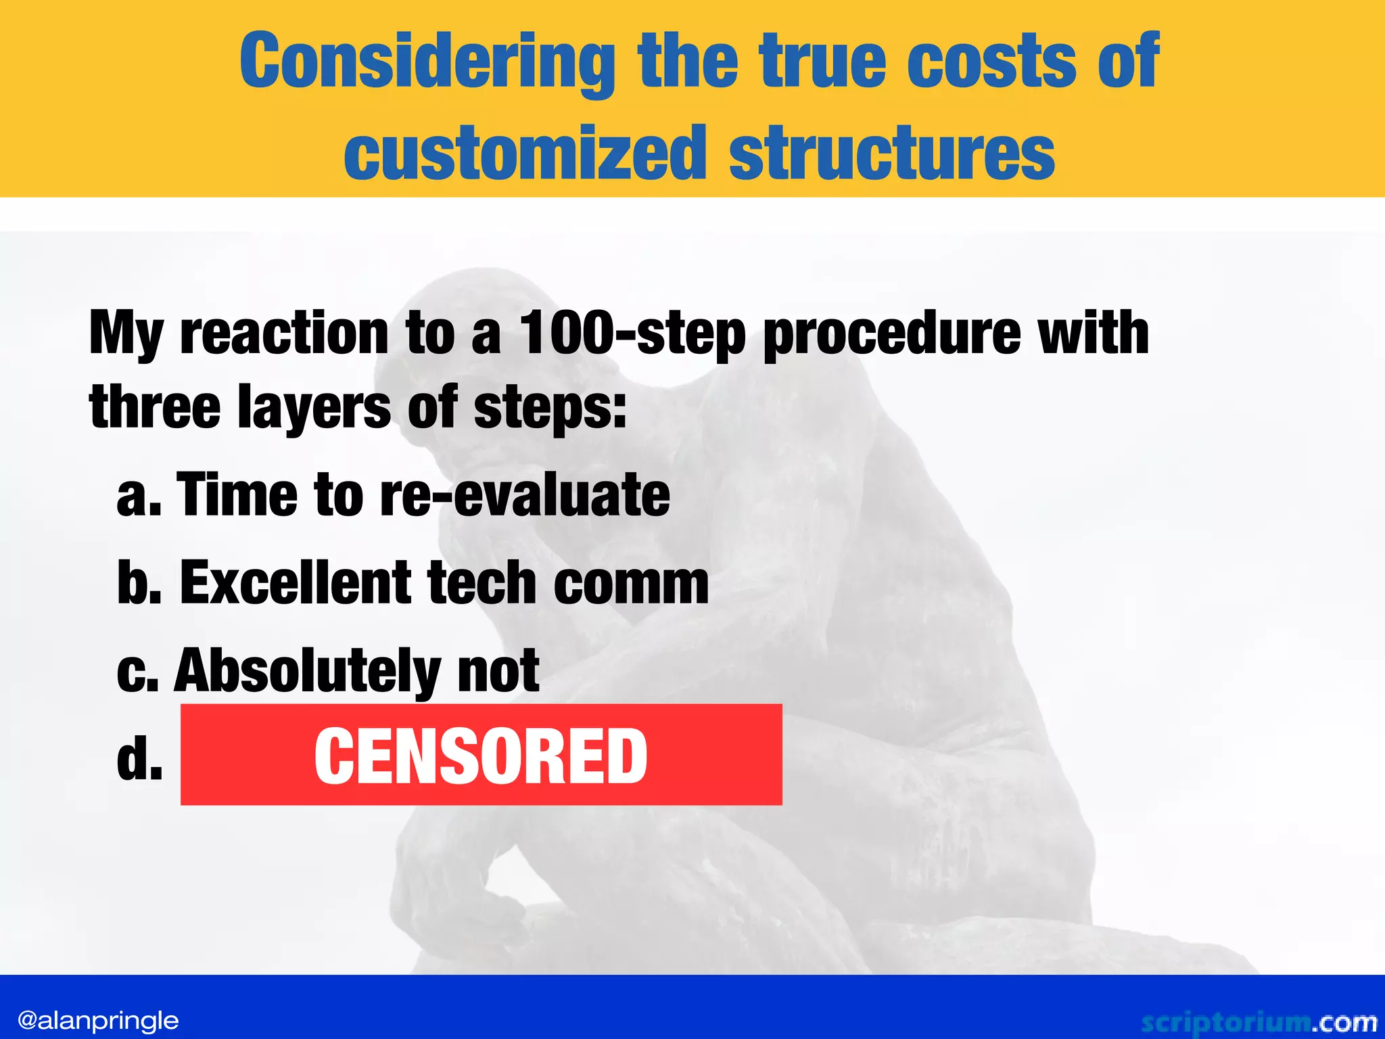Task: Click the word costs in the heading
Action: coord(991,62)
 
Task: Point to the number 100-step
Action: coord(632,333)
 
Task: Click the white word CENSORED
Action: coord(481,756)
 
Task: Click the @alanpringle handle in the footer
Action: coord(98,1020)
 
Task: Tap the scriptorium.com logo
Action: coord(1259,1022)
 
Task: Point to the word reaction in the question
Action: coord(284,333)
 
